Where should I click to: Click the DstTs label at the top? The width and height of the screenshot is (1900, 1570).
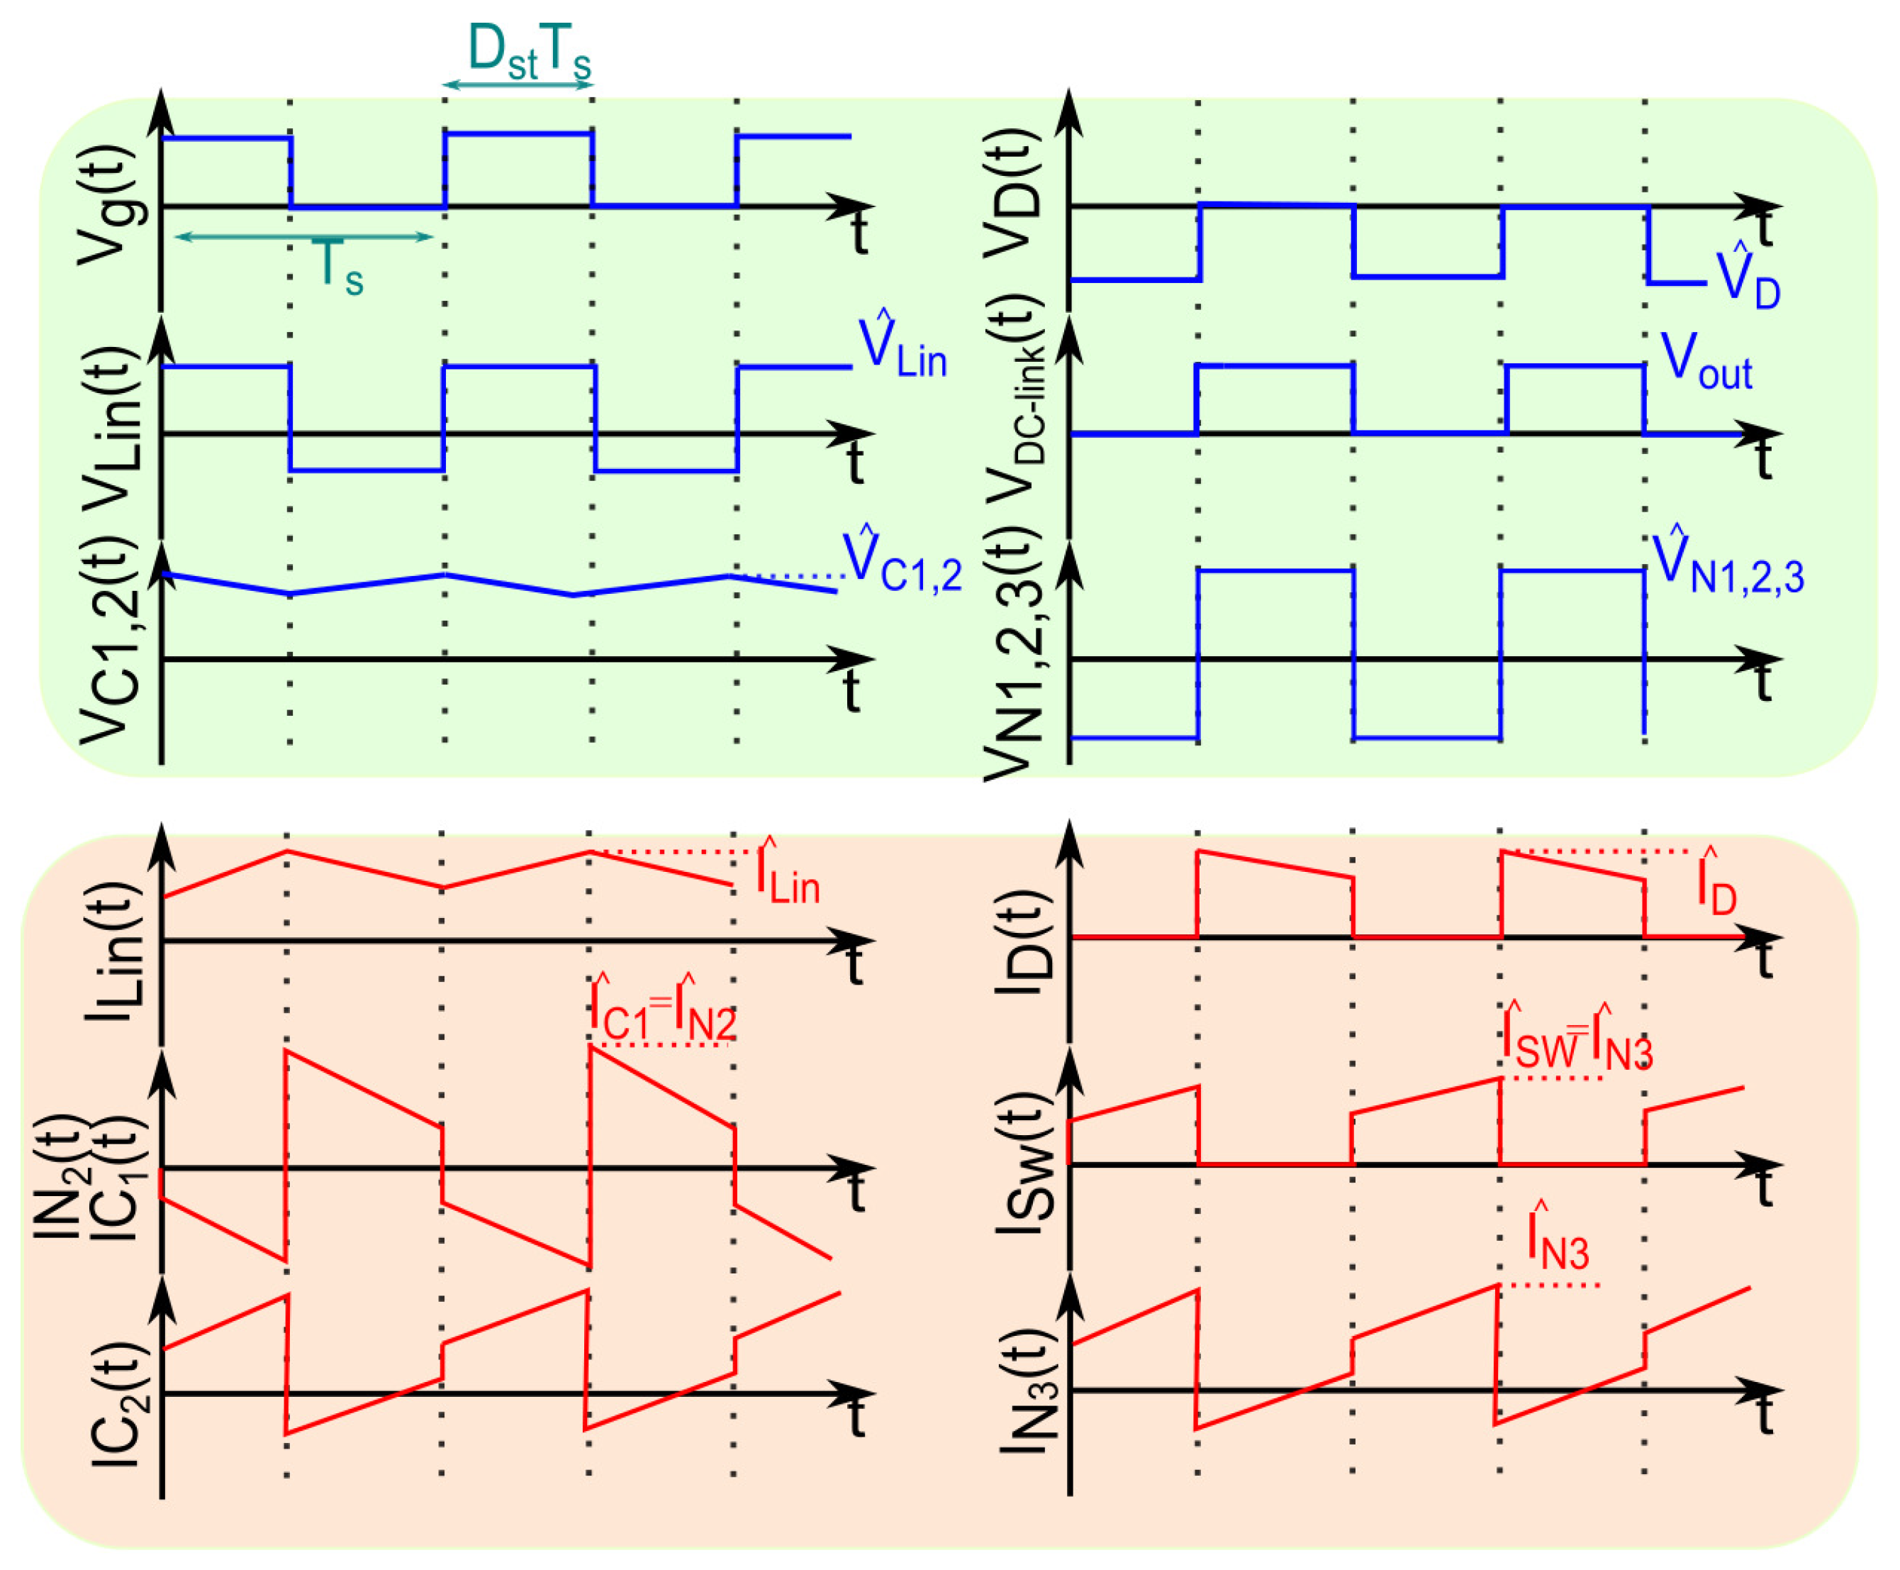tap(529, 52)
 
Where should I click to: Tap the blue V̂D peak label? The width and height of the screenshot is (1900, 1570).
tap(1748, 277)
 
